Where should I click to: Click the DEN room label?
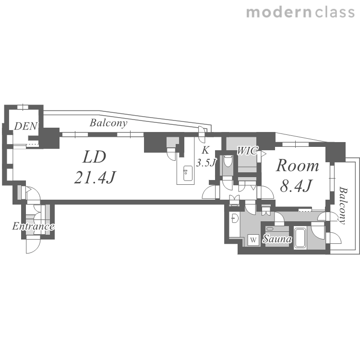(x=25, y=126)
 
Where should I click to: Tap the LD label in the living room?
(x=94, y=157)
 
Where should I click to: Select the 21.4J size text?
(x=95, y=178)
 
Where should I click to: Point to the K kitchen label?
(x=205, y=150)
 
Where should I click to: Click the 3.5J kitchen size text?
(x=206, y=163)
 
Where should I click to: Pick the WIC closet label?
(x=247, y=151)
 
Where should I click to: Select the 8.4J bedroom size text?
(x=296, y=186)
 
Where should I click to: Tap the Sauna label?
(x=277, y=239)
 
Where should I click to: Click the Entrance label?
(x=33, y=227)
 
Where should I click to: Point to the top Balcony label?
(x=108, y=123)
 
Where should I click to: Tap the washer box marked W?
(x=253, y=240)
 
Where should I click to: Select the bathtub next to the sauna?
(x=300, y=238)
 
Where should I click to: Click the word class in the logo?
(x=335, y=12)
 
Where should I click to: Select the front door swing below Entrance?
(x=33, y=246)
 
